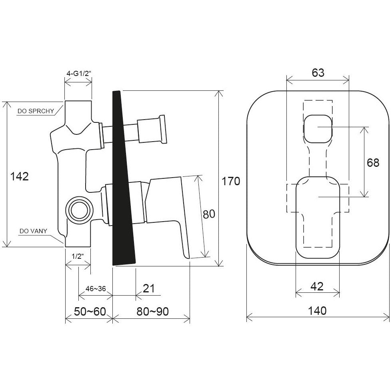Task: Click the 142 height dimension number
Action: pos(19,176)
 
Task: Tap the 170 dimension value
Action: pos(231,181)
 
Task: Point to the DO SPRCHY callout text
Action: pos(36,111)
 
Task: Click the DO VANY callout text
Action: pos(33,231)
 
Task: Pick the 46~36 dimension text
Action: pos(96,289)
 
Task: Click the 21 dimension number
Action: pos(149,288)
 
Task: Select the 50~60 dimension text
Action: pos(90,312)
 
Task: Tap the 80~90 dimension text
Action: pos(152,312)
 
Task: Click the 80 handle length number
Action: pos(209,214)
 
